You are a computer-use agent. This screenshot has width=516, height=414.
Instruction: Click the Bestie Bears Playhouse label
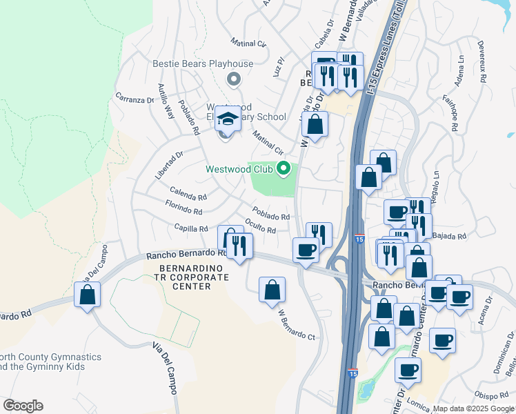(x=203, y=64)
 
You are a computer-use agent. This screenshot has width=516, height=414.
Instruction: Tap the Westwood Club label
(x=239, y=169)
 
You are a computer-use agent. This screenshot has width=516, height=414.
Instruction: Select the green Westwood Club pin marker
(x=283, y=168)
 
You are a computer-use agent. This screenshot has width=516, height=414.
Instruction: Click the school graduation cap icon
(x=228, y=120)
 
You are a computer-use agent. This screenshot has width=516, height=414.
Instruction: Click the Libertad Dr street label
(x=168, y=166)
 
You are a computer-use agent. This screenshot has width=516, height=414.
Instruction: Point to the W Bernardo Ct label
(x=296, y=324)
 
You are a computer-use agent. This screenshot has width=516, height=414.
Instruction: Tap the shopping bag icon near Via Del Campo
(x=88, y=295)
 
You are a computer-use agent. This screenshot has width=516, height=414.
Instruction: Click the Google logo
(x=23, y=406)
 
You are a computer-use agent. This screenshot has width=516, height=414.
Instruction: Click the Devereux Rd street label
(x=482, y=62)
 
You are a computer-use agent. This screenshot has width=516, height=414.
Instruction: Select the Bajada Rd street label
(x=452, y=236)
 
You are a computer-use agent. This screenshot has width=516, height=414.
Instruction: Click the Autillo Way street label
(x=166, y=101)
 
